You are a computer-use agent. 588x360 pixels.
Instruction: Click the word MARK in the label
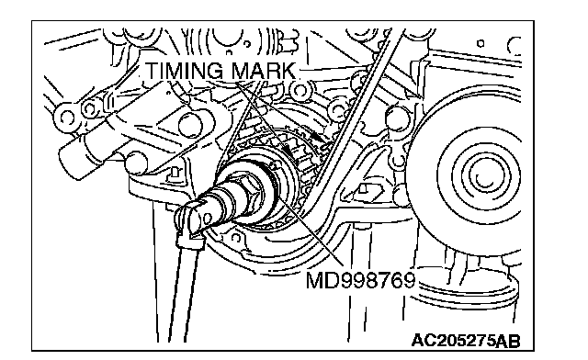264,71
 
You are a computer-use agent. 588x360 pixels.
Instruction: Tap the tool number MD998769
361,280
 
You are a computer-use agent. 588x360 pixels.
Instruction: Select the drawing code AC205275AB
466,341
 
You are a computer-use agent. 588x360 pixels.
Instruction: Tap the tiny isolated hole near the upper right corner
481,43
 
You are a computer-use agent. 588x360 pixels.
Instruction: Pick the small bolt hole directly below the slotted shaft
236,238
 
